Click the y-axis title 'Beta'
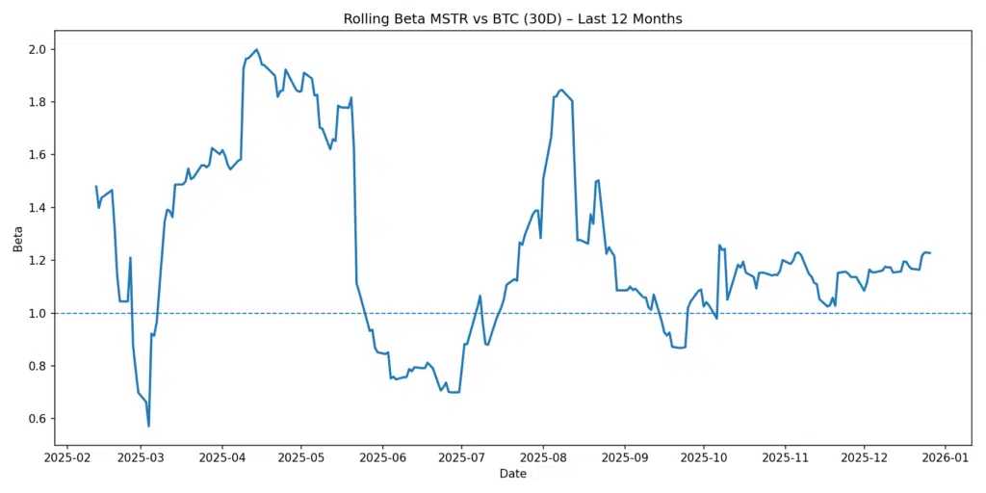tap(18, 246)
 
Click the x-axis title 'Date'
tap(512, 474)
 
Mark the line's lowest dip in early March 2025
tap(148, 426)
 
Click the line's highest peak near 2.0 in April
tap(256, 49)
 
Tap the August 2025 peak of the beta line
tap(561, 90)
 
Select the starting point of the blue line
tap(96, 186)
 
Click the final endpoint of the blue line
tap(930, 253)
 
